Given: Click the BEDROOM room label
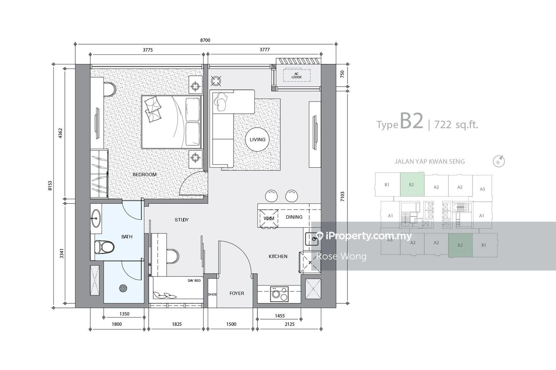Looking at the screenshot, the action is click(x=144, y=175).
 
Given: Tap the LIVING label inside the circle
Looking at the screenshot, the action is click(x=258, y=140).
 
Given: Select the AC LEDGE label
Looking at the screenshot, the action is click(x=297, y=75).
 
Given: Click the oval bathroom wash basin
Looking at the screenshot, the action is click(x=96, y=218).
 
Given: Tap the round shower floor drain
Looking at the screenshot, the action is click(x=124, y=288).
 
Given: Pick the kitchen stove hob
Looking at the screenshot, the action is click(x=279, y=294).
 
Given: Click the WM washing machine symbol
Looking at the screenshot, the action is click(x=269, y=219).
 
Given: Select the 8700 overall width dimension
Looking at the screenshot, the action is click(x=205, y=40).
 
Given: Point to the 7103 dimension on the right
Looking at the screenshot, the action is click(x=342, y=197).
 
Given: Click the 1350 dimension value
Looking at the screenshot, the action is click(x=124, y=314).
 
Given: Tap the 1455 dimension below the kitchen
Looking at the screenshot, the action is click(x=280, y=316).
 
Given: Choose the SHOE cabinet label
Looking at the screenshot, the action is click(x=212, y=294).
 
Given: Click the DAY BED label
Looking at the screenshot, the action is click(x=194, y=281).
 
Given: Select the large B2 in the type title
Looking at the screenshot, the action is click(x=411, y=121).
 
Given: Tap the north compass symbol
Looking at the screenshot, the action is click(x=499, y=161).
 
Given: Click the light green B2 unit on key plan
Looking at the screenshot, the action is click(x=412, y=185).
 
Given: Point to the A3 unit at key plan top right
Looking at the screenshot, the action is click(x=482, y=189).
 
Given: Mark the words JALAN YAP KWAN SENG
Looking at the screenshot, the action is click(x=430, y=161).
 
